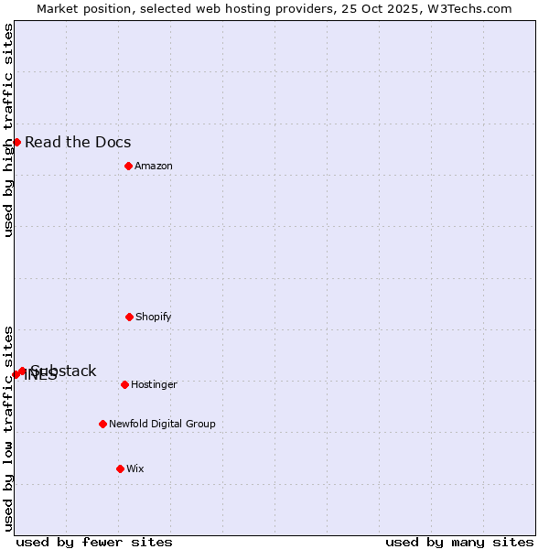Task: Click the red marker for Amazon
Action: (128, 166)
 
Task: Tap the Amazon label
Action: (154, 166)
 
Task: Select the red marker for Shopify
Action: (129, 317)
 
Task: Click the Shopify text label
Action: (154, 317)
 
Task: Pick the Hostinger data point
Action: (124, 384)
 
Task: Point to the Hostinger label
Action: (154, 384)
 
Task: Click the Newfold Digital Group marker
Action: (102, 424)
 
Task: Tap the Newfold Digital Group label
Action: (162, 424)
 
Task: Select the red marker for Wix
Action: (120, 468)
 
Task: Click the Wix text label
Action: (135, 468)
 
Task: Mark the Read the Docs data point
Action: (16, 142)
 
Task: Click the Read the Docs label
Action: (78, 142)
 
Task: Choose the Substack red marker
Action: (22, 371)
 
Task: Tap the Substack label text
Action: (64, 371)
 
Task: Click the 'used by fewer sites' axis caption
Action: (94, 542)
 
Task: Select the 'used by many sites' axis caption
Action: (459, 542)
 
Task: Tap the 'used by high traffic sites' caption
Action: (8, 130)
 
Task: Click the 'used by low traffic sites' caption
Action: (8, 428)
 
